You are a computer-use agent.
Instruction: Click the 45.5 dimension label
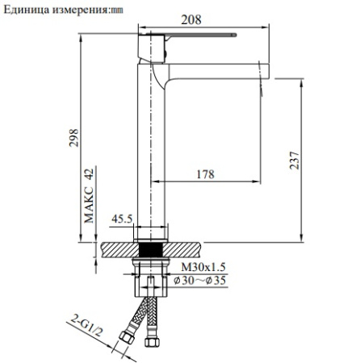point(121,218)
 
